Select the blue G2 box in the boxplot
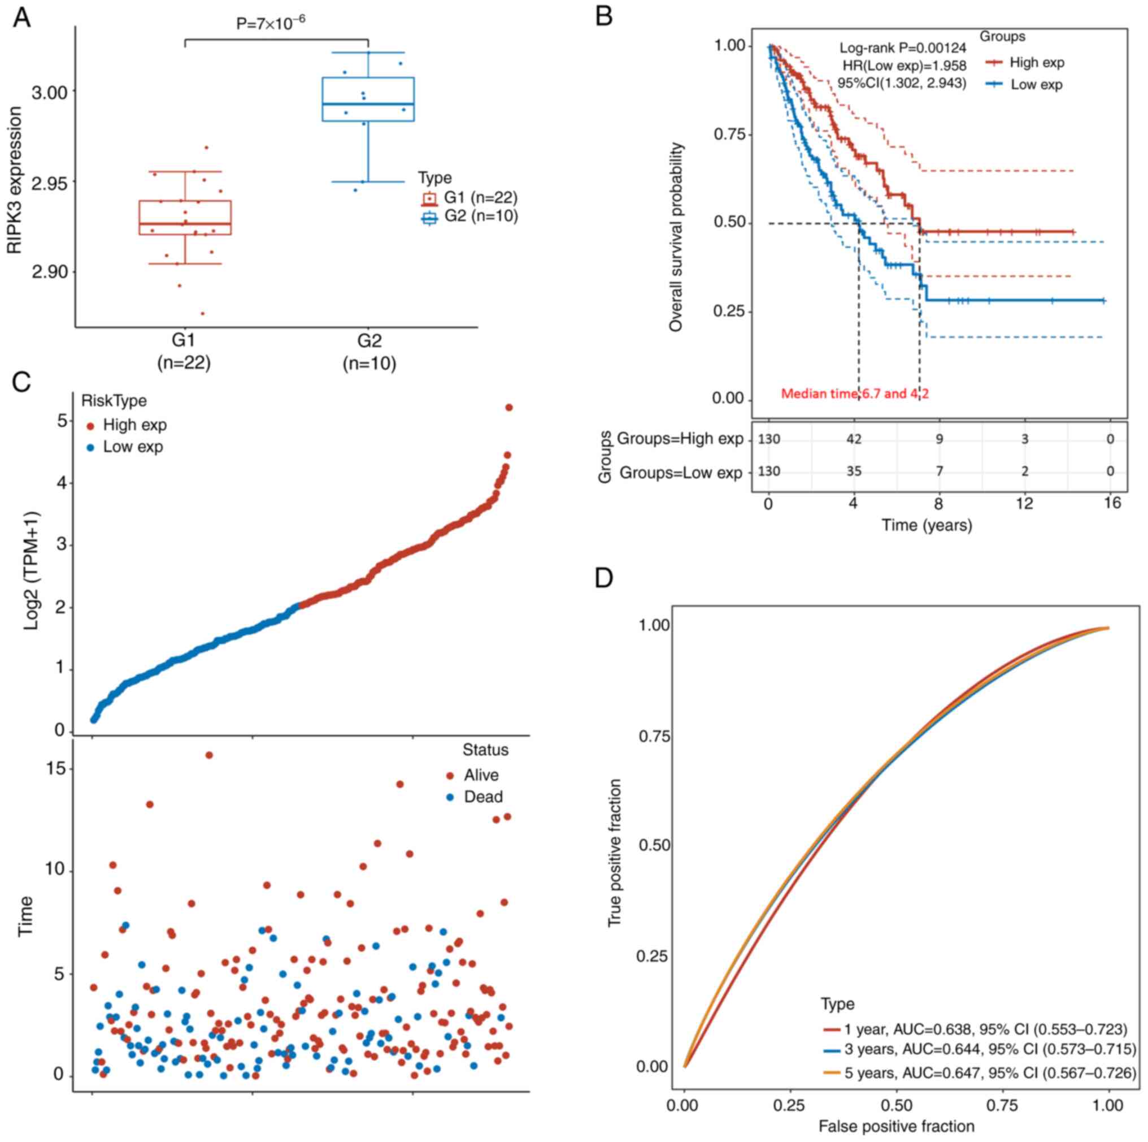(x=368, y=99)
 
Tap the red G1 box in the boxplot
(x=185, y=218)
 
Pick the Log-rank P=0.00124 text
(x=903, y=48)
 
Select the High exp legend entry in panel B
(x=1036, y=62)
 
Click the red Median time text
(x=854, y=393)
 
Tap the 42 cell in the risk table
(x=853, y=439)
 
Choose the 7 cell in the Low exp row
(x=939, y=472)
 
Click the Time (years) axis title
(x=927, y=526)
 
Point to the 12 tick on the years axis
(x=1024, y=504)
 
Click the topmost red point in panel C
(x=508, y=408)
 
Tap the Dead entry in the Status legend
(x=482, y=797)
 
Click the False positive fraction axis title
(x=896, y=1127)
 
